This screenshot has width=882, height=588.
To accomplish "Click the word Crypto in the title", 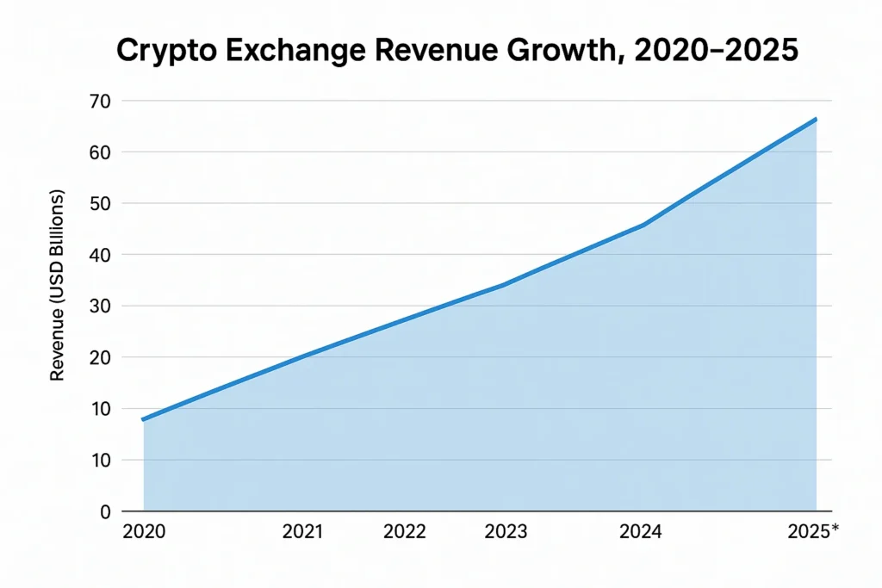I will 165,51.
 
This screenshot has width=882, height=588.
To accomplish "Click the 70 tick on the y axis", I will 102,101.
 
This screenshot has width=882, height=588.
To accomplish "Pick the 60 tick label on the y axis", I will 102,152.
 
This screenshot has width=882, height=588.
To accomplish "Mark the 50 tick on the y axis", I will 102,204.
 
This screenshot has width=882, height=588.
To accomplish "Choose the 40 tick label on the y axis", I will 102,255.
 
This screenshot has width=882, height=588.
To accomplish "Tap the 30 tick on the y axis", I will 102,306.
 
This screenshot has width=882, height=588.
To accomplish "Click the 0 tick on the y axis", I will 106,511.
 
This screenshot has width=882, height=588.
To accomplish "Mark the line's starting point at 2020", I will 144,419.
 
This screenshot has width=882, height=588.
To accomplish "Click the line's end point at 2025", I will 815,120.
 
